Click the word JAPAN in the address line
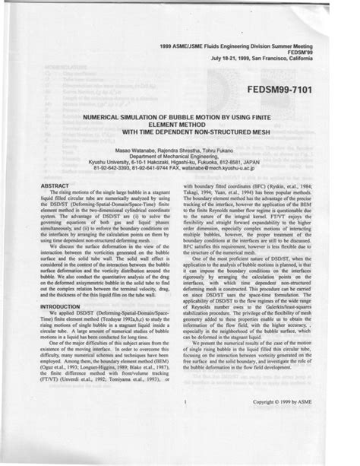click(291, 163)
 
